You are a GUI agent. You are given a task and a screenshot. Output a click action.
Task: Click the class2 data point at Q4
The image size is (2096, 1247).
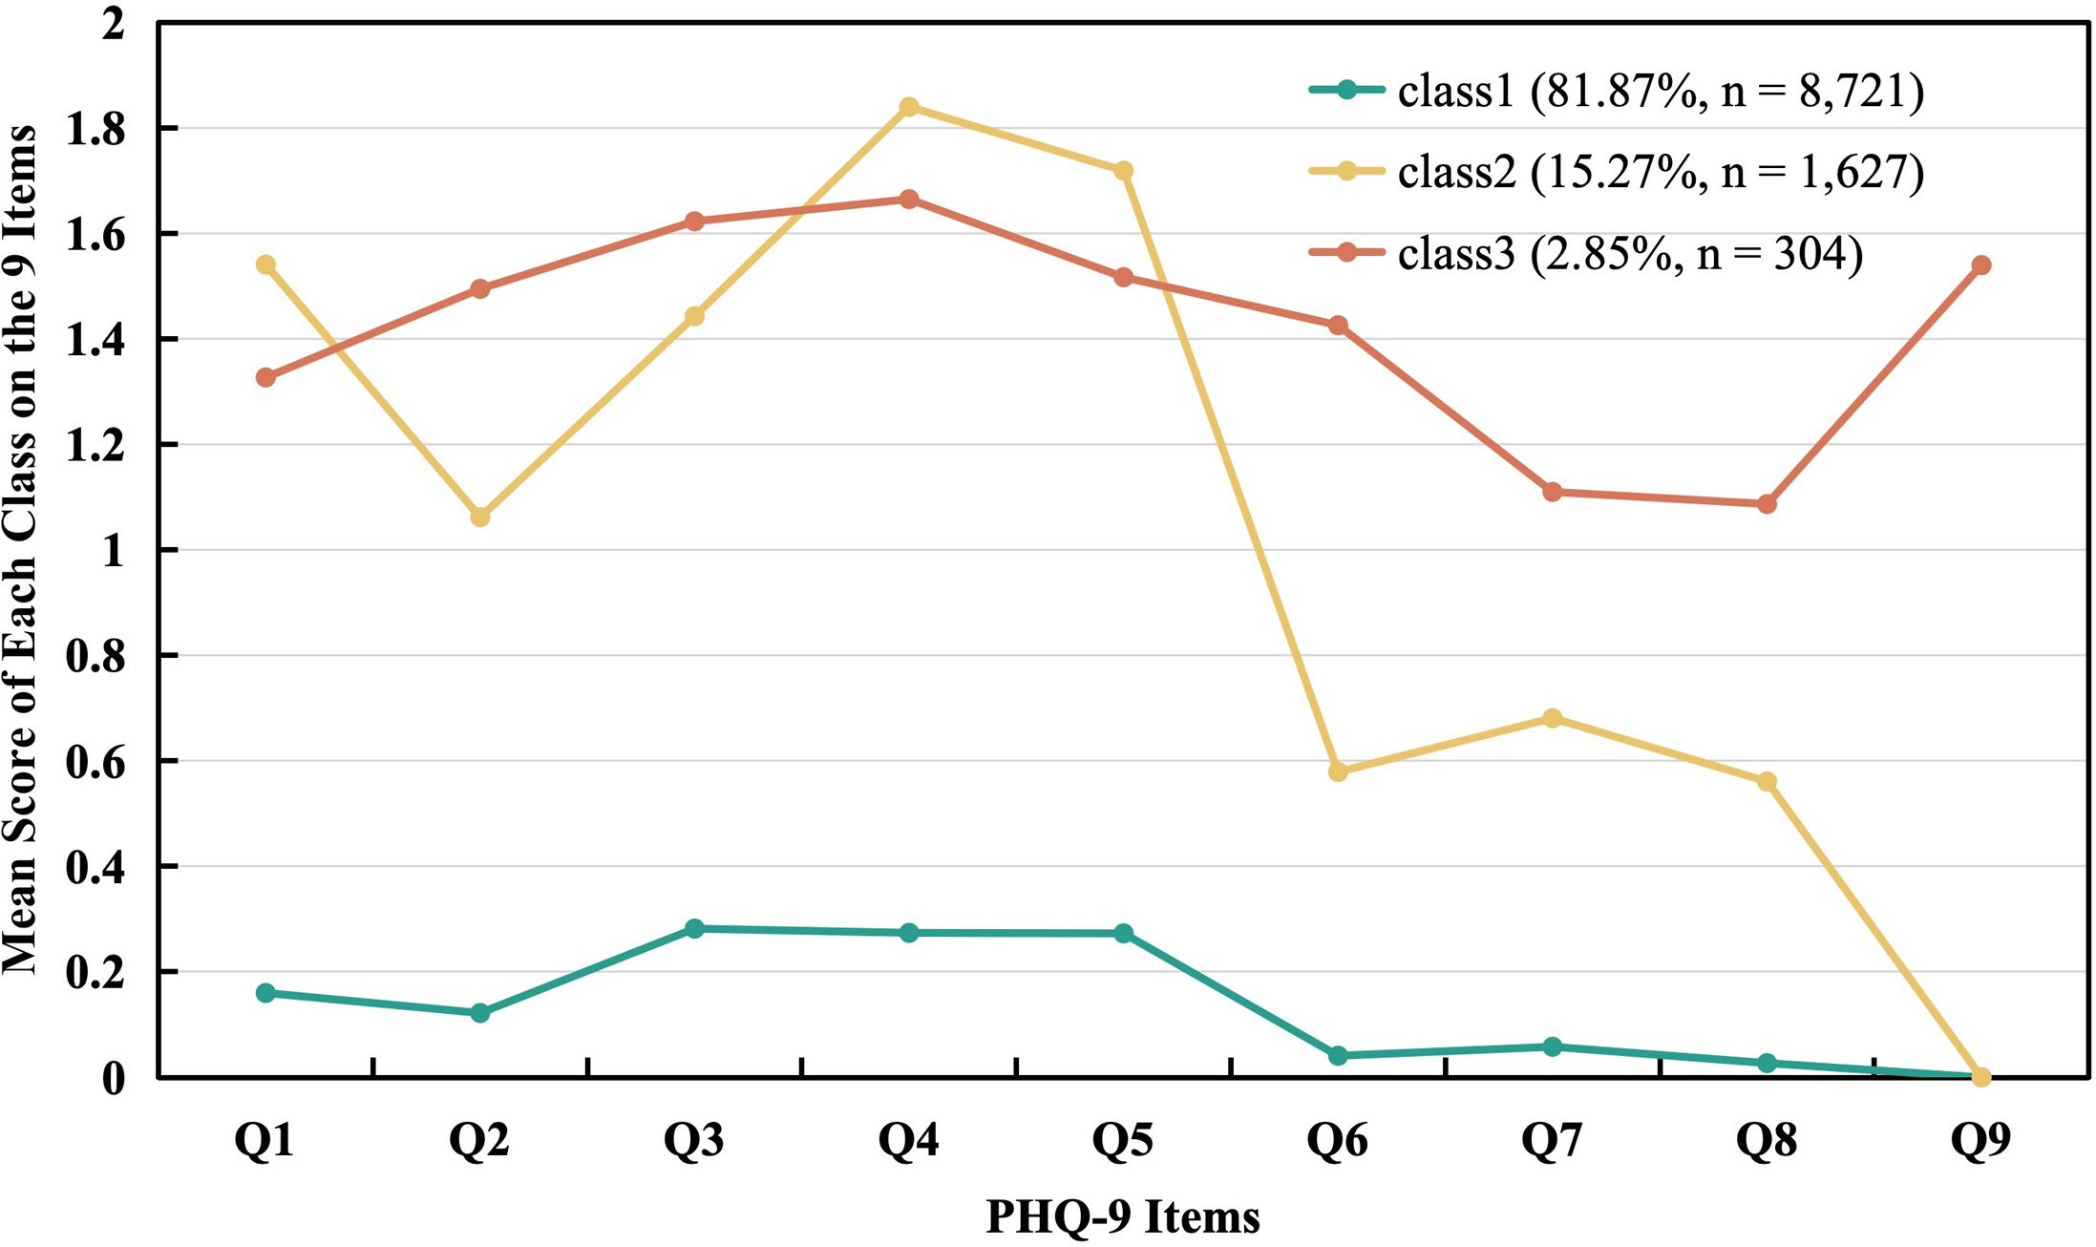pos(909,106)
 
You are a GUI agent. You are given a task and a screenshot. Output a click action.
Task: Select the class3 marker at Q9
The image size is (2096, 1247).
pos(1981,264)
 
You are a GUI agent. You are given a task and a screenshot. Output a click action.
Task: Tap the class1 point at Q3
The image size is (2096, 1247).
pos(694,928)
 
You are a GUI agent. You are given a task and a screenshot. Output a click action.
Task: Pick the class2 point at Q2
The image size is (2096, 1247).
pos(480,517)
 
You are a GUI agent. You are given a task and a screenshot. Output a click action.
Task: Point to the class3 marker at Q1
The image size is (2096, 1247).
pos(265,377)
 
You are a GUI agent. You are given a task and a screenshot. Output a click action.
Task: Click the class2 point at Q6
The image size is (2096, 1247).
pos(1338,771)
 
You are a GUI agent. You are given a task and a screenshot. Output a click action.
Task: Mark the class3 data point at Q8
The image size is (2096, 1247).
pos(1767,503)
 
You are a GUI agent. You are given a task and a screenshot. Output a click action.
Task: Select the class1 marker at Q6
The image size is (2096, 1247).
pos(1338,1055)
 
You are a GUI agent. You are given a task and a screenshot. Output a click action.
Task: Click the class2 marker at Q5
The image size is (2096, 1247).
pos(1124,170)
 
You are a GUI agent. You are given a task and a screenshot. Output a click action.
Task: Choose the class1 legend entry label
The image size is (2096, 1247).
pos(1661,92)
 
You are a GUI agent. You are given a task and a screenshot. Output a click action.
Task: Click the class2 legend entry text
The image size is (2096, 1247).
pos(1661,173)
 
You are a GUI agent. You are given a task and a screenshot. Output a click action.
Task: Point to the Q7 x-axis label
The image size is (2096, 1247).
pos(1552,1140)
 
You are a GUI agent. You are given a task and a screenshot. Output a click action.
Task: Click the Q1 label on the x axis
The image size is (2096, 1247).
pos(265,1140)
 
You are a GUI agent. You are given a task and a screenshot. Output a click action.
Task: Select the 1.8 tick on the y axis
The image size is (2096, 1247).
pos(95,129)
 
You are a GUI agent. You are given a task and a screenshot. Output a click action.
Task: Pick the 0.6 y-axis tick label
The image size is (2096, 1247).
pos(95,762)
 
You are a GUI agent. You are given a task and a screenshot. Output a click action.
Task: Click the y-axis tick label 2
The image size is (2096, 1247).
pos(114,23)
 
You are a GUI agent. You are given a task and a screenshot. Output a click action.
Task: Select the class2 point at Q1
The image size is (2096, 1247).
pos(265,264)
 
